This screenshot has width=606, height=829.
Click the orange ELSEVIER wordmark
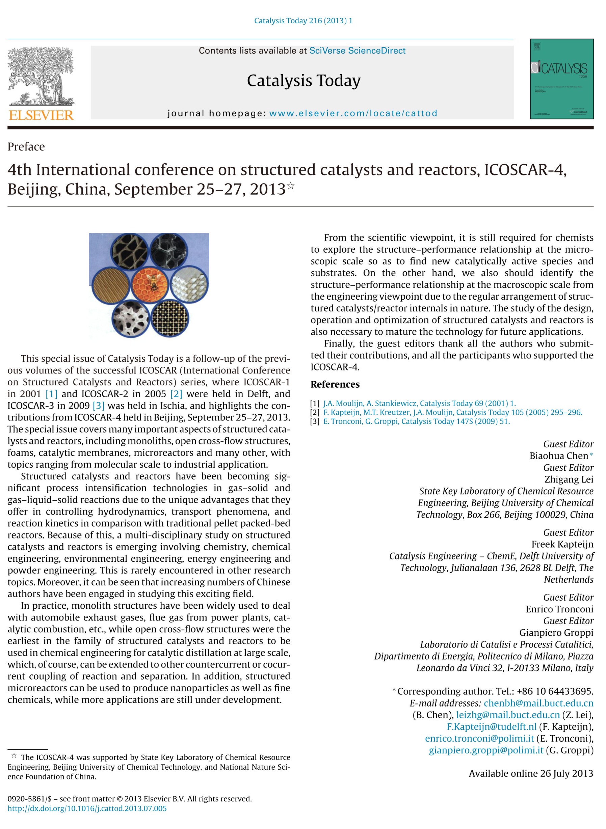pos(41,115)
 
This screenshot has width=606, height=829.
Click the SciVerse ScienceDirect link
pos(357,51)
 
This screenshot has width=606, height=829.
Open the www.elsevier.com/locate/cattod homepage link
pos(353,113)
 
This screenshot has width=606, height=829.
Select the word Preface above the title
pos(26,147)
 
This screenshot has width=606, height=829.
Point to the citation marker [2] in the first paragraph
pos(176,394)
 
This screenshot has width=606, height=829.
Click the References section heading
pos(335,384)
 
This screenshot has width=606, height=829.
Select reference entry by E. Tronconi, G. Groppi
pos(416,421)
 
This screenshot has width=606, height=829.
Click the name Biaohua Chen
pos(558,456)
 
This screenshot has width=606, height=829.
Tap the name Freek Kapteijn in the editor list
pos(562,544)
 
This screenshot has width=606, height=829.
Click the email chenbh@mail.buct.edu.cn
pos(538,703)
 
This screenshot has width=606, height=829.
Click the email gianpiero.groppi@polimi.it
pos(486,750)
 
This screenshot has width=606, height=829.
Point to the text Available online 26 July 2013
pos(530,773)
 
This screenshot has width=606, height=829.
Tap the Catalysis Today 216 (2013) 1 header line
pos(303,21)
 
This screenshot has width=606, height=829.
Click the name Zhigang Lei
pos(569,479)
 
